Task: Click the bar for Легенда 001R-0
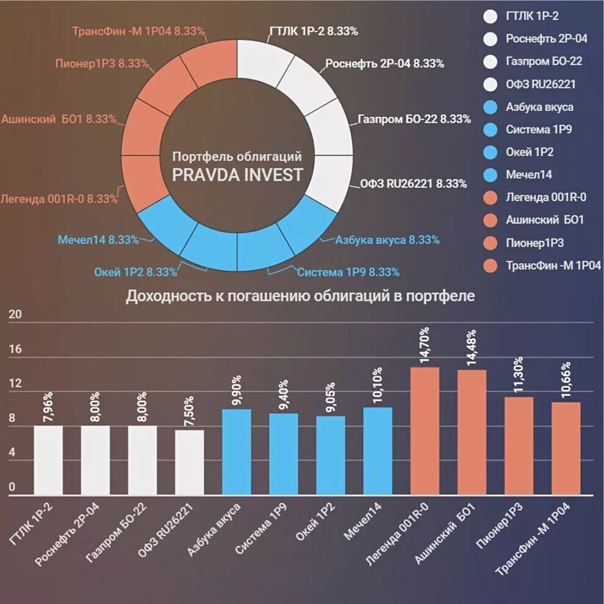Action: (x=425, y=431)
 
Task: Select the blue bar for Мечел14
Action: (x=378, y=451)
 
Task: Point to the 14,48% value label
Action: (x=472, y=348)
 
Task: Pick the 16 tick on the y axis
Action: (x=15, y=350)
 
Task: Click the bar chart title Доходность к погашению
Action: (x=300, y=297)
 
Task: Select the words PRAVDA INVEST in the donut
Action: (x=237, y=175)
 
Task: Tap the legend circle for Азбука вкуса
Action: (x=490, y=107)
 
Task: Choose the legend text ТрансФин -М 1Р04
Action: (x=554, y=265)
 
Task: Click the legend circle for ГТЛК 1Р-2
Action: (x=490, y=16)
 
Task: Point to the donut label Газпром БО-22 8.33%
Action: (x=414, y=120)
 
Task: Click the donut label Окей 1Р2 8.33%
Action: (x=135, y=272)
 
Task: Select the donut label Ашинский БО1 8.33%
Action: (x=59, y=120)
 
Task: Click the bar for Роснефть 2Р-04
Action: (x=95, y=460)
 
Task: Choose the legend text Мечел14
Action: (x=529, y=175)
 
